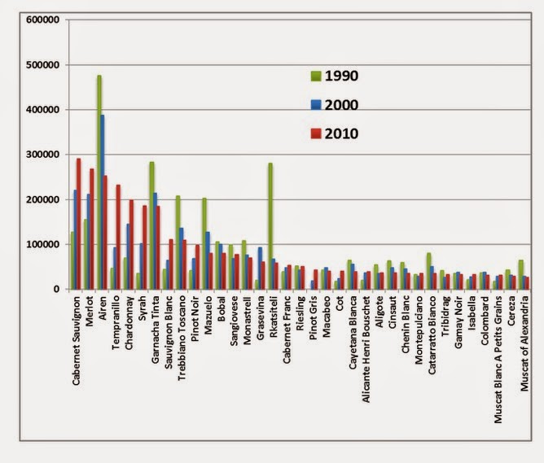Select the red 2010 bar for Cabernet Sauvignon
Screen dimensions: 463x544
tap(79, 224)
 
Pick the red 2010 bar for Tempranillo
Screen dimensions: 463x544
tap(118, 237)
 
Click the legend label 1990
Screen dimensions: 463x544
tap(342, 76)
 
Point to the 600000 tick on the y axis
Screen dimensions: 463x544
tap(42, 20)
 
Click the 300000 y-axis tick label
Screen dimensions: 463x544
tap(42, 155)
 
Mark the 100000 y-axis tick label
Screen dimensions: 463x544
tap(42, 244)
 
